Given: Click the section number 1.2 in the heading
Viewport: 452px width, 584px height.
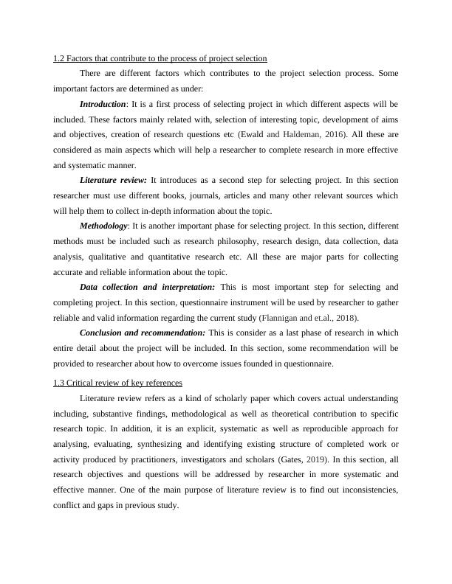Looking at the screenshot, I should coord(59,58).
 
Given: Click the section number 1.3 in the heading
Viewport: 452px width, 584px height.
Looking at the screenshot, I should coord(59,383).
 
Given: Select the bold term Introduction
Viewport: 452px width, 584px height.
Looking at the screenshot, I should coord(103,104).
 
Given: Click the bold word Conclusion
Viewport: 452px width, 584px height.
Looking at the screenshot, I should coord(104,333).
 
